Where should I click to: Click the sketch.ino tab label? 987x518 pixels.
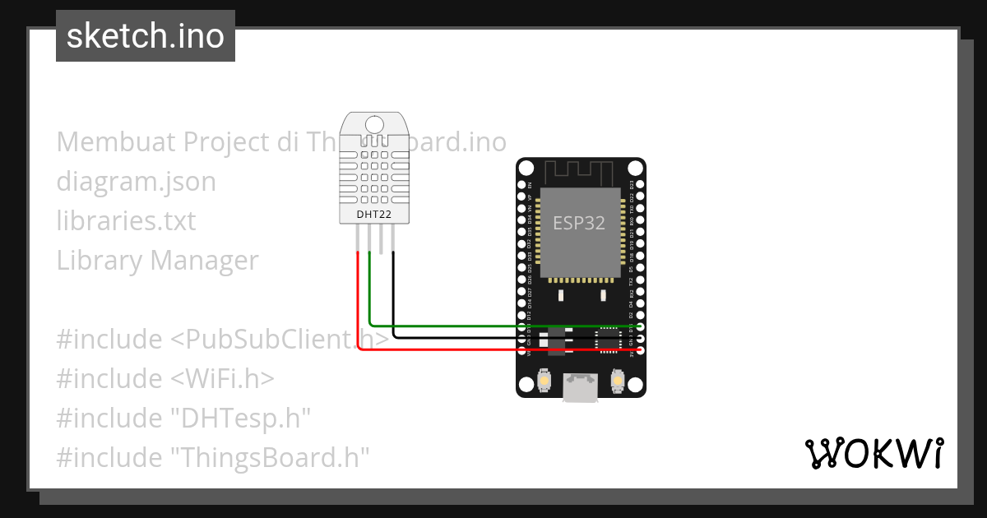pyautogui.click(x=146, y=36)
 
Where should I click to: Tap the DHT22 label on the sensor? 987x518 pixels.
pyautogui.click(x=375, y=215)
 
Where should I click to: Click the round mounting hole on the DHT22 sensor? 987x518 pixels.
pyautogui.click(x=375, y=124)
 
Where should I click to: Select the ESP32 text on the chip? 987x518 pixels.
pyautogui.click(x=578, y=223)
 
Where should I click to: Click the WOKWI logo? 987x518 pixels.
pyautogui.click(x=873, y=453)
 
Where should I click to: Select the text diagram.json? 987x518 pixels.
pyautogui.click(x=137, y=182)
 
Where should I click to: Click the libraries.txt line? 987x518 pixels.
pyautogui.click(x=127, y=221)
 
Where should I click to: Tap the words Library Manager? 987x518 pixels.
pyautogui.click(x=158, y=261)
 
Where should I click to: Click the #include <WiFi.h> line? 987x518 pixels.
pyautogui.click(x=165, y=378)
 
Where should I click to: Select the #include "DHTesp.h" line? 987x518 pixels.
pyautogui.click(x=183, y=418)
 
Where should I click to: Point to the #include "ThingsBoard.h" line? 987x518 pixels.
pyautogui.click(x=213, y=457)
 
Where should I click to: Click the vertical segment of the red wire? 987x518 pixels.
pyautogui.click(x=358, y=300)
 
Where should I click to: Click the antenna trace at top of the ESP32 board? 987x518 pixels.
pyautogui.click(x=581, y=173)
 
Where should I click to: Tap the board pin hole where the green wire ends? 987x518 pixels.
pyautogui.click(x=640, y=326)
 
